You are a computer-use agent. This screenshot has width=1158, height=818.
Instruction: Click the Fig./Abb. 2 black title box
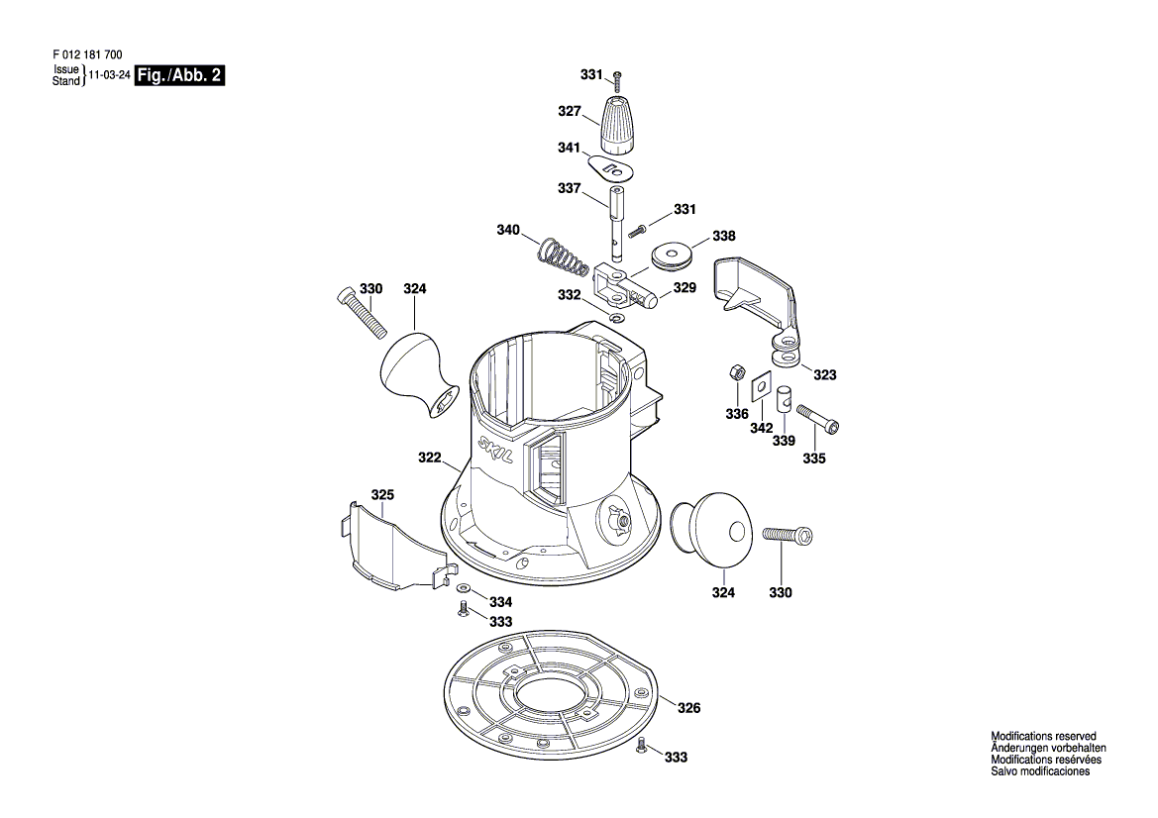(x=179, y=75)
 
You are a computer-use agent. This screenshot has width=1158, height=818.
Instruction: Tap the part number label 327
(x=570, y=112)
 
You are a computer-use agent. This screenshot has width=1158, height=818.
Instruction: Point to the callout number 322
(x=429, y=458)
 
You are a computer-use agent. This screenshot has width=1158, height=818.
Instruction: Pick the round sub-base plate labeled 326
(x=551, y=692)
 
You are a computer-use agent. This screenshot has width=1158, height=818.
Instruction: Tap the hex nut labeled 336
(x=735, y=372)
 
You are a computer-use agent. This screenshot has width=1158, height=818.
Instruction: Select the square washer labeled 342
(x=761, y=385)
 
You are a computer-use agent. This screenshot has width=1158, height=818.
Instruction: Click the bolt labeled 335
(x=818, y=416)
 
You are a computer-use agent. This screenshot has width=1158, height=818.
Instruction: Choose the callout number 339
(x=784, y=441)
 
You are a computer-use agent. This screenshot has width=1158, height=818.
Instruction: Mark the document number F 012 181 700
(x=88, y=54)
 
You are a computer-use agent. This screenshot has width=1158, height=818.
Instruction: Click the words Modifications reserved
(x=1043, y=736)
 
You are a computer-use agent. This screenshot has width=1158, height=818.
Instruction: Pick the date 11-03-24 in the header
(x=110, y=75)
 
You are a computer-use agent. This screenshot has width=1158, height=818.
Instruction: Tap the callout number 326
(x=688, y=708)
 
